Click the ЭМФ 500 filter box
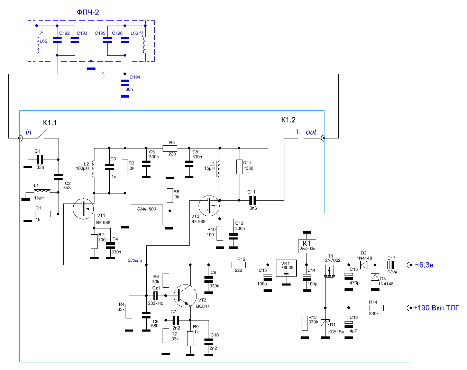click(x=147, y=215)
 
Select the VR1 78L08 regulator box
click(x=286, y=268)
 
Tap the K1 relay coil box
click(x=307, y=246)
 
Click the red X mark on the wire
click(x=102, y=74)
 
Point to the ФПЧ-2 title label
click(x=88, y=12)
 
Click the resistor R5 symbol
click(x=170, y=148)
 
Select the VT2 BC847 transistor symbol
click(x=185, y=296)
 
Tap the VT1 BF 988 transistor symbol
click(x=83, y=209)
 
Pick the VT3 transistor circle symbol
click(x=209, y=206)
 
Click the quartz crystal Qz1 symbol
click(x=155, y=296)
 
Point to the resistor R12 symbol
click(x=238, y=265)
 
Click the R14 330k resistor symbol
click(x=376, y=308)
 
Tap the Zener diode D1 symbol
click(x=325, y=323)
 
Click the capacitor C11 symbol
click(x=253, y=201)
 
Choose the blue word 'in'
click(x=28, y=132)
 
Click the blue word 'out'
click(x=311, y=132)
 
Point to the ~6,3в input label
click(x=424, y=265)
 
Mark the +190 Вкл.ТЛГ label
click(x=436, y=308)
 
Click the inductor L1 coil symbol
click(x=42, y=191)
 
